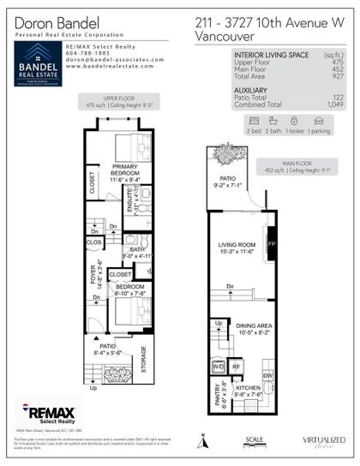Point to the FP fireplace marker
(x=273, y=244)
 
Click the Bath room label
(x=137, y=251)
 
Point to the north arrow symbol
(x=202, y=442)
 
